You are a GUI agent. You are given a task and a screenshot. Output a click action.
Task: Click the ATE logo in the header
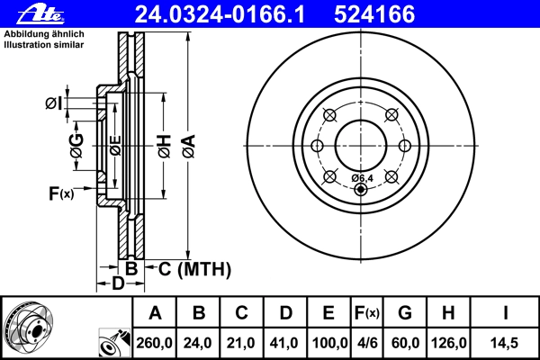click(40, 13)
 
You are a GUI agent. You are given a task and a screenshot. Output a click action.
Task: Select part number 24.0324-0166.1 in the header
click(220, 14)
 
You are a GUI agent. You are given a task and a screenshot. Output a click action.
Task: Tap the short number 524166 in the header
click(374, 14)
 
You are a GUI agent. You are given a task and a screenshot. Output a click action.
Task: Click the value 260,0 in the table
click(154, 343)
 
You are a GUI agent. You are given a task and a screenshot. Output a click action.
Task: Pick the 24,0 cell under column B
click(197, 343)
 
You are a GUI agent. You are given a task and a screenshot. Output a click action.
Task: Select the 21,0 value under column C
click(240, 343)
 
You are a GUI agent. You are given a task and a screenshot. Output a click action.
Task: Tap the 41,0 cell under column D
click(283, 343)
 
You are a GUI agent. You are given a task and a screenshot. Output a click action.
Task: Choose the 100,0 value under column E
click(329, 343)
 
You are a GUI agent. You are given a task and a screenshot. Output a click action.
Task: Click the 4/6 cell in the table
click(367, 343)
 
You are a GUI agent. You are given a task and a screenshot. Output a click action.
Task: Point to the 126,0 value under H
click(449, 343)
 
